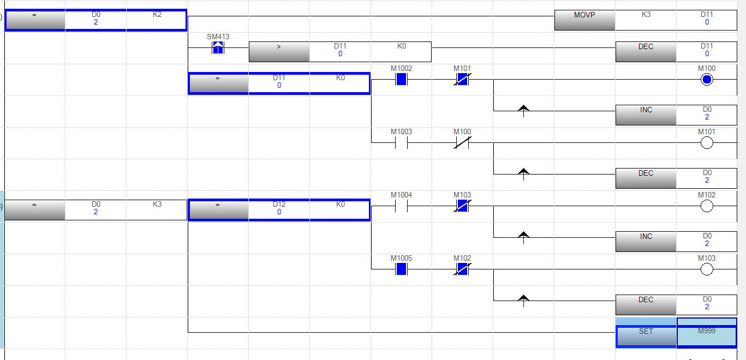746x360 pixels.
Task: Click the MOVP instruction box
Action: click(x=584, y=20)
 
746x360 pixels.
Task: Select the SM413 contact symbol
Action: click(x=218, y=48)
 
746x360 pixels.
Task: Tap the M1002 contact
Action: click(x=402, y=80)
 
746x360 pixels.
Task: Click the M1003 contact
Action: click(x=402, y=143)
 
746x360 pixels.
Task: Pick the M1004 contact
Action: click(x=402, y=206)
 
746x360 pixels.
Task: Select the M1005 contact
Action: click(x=402, y=269)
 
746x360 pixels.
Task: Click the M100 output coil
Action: click(x=707, y=80)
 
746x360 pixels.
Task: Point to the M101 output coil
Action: click(x=707, y=143)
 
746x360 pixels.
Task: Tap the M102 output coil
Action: click(x=707, y=206)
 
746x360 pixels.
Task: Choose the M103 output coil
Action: click(x=707, y=269)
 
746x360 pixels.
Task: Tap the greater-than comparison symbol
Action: click(x=279, y=52)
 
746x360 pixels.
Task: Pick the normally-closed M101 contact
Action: click(x=462, y=80)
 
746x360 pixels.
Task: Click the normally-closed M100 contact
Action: click(x=462, y=143)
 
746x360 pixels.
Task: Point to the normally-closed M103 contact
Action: click(x=462, y=206)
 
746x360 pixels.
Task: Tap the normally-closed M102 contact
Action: click(x=462, y=269)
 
